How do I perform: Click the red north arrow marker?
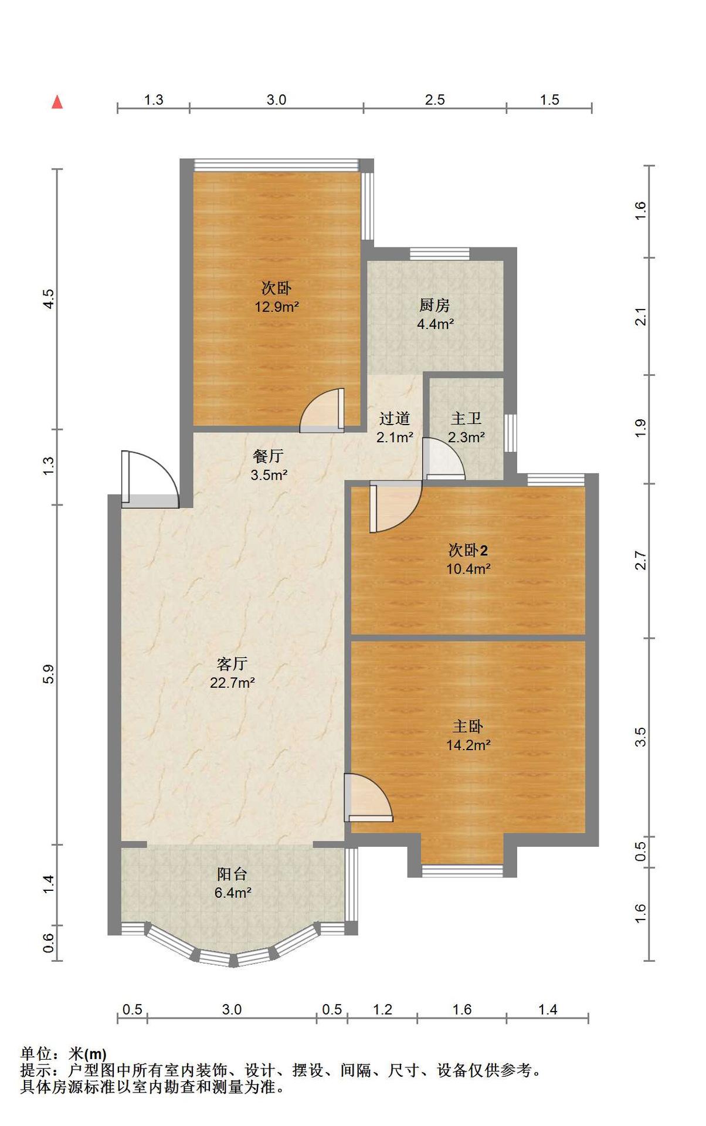57,102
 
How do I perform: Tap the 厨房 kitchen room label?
435,305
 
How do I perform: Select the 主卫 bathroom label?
466,418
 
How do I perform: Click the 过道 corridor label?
394,418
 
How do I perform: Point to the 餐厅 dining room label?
269,456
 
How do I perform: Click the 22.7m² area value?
232,683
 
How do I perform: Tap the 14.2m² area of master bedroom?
468,745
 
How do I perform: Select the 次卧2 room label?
468,550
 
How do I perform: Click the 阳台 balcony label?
232,874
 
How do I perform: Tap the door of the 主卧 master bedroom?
368,798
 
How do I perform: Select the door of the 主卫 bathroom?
444,458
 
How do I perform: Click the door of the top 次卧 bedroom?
322,410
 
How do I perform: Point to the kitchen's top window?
440,254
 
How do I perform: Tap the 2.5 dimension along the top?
435,100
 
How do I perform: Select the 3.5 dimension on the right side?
641,737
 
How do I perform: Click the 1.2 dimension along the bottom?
382,1009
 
